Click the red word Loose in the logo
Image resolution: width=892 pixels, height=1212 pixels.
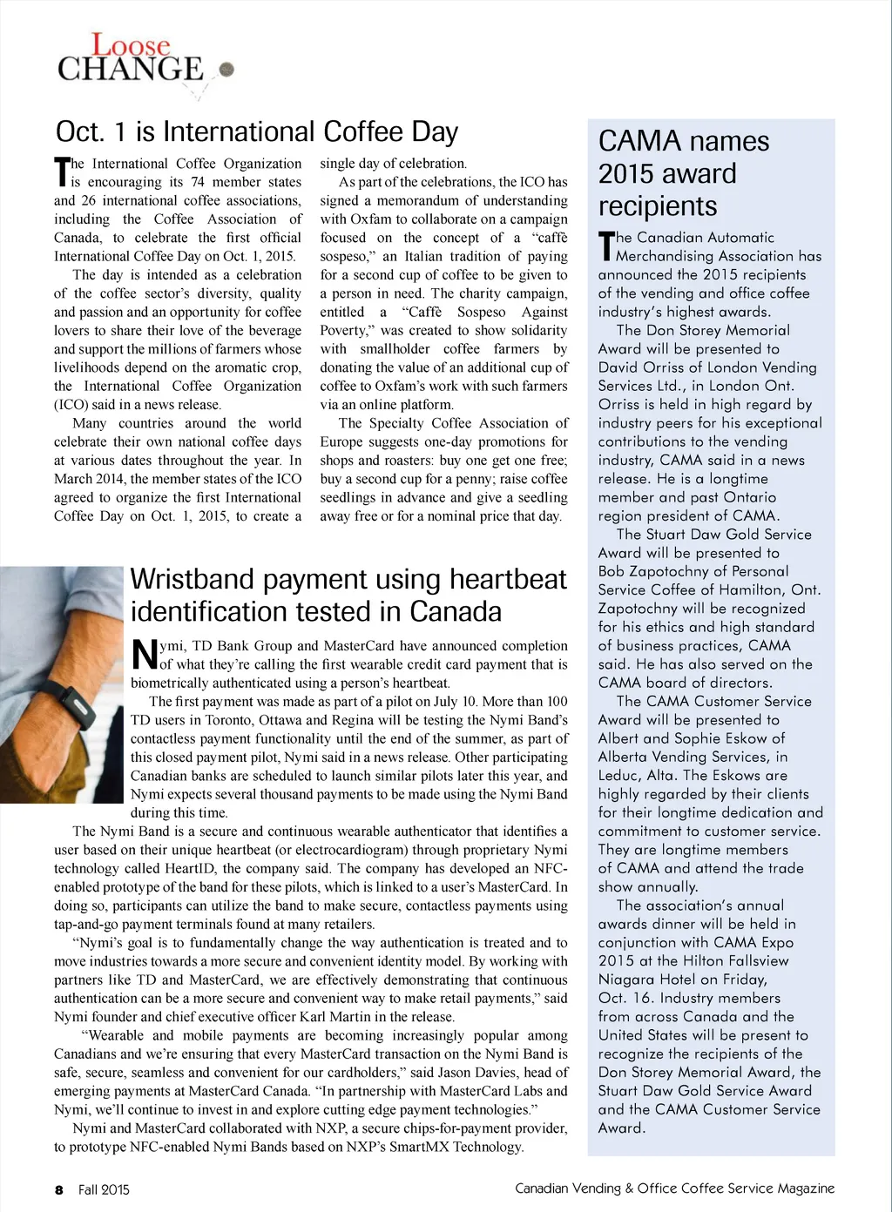(x=131, y=45)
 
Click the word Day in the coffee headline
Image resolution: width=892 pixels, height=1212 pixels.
(x=435, y=131)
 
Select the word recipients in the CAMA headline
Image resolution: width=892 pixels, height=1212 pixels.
(x=658, y=206)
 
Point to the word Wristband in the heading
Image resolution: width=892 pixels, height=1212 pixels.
(x=193, y=579)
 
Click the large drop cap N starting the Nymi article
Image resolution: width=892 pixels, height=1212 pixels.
(x=144, y=655)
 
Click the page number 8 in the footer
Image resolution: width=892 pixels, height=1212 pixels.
(x=59, y=1189)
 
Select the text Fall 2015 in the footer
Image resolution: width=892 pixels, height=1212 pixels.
(x=104, y=1189)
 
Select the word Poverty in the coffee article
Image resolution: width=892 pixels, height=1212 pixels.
(x=343, y=331)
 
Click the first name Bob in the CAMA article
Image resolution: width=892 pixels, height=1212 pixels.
(x=612, y=572)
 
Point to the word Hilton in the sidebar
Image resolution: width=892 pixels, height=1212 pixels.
(x=703, y=961)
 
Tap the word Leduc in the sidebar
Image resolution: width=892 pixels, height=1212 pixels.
(x=619, y=776)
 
